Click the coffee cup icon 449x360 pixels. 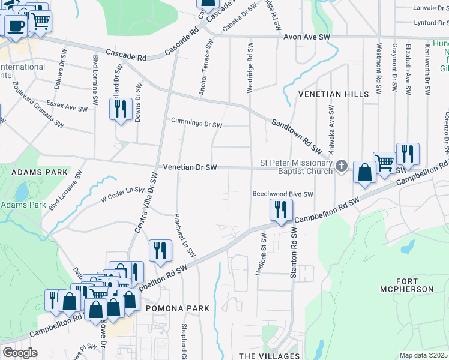click(x=16, y=26)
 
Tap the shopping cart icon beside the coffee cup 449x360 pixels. click(x=40, y=20)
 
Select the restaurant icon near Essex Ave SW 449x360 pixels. click(x=121, y=109)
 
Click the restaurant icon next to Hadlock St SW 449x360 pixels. click(x=280, y=210)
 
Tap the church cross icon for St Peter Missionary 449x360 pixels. click(x=341, y=166)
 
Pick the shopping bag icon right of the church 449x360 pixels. click(x=364, y=172)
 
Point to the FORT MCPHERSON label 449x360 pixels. click(x=406, y=285)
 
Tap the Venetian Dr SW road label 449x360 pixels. click(x=189, y=167)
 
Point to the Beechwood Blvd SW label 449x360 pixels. click(x=283, y=194)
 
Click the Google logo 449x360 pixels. click(x=20, y=353)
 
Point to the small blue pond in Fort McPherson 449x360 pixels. click(x=408, y=246)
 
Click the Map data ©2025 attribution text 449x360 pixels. click(x=424, y=355)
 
